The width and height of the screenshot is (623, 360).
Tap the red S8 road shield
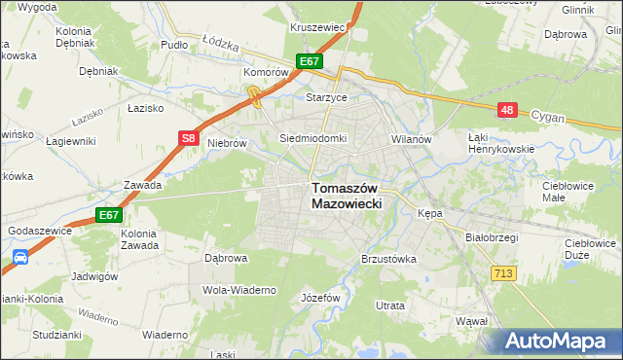point(191,139)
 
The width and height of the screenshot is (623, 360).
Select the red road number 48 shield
point(506,110)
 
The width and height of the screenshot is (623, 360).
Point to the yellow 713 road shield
point(503,275)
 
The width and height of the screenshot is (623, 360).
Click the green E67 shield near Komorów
point(310,61)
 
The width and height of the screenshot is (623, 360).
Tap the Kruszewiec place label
point(318,27)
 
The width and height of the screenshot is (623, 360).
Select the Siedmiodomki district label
point(312,138)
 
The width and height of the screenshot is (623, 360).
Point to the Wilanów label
point(411,139)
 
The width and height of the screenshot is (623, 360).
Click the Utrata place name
point(390,306)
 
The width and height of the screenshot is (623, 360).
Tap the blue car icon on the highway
point(20,259)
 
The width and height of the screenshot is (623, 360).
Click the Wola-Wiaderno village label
point(239,290)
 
